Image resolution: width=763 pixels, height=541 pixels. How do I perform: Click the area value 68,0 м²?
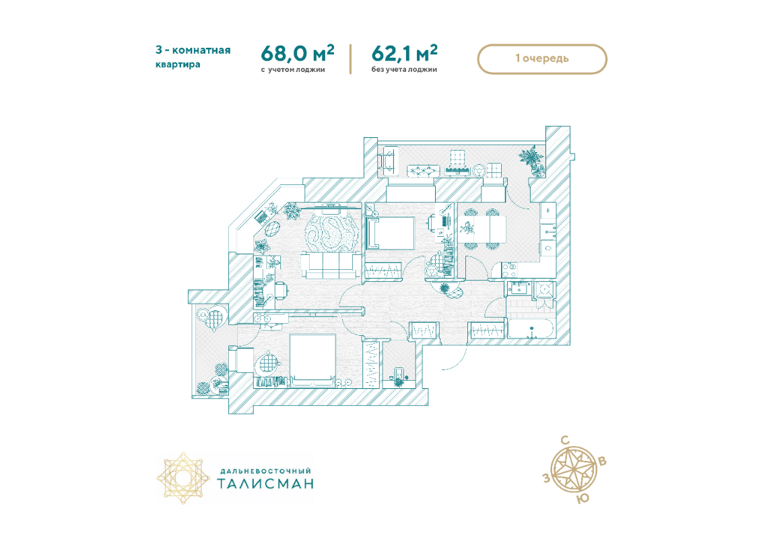297,53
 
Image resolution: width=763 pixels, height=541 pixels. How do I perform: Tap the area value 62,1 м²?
404,53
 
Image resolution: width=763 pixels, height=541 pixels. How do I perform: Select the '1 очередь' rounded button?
542,59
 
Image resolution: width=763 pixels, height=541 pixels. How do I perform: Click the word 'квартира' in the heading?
178,65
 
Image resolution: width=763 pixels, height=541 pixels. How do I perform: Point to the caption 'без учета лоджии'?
404,69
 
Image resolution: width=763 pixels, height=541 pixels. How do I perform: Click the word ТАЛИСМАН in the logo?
265,484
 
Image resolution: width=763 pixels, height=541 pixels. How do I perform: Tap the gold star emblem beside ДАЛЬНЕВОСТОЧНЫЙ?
183,478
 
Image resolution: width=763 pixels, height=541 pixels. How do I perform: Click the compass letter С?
564,440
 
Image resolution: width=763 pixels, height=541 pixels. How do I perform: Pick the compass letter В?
602,461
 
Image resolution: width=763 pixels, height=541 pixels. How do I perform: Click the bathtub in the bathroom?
531,328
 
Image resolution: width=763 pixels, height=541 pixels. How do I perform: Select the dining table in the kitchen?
482,228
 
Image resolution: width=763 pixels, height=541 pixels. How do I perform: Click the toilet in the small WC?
399,375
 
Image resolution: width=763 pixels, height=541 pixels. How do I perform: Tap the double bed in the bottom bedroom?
312,359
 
